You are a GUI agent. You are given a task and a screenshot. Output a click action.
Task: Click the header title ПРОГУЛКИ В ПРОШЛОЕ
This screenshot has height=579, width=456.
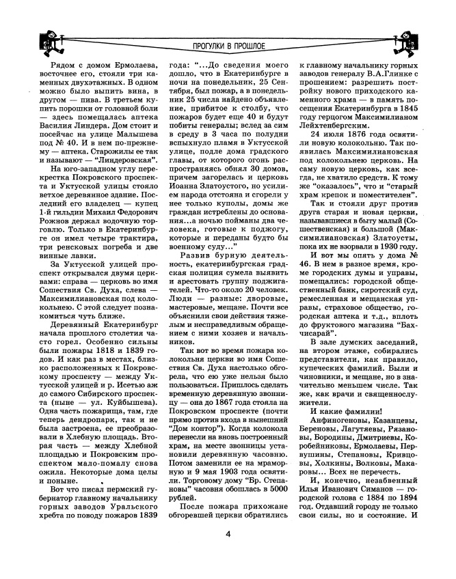228,46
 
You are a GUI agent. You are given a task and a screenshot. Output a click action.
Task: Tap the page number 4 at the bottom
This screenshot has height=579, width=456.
227,554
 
